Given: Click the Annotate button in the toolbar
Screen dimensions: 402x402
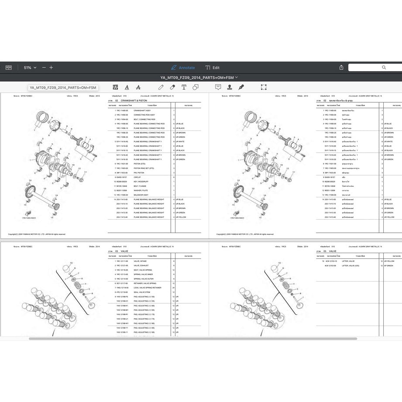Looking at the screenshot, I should (x=183, y=68).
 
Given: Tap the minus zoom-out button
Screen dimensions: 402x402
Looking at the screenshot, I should (x=43, y=68).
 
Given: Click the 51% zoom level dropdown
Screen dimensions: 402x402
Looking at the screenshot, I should (x=30, y=68).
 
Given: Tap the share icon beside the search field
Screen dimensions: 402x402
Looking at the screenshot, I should (x=341, y=68).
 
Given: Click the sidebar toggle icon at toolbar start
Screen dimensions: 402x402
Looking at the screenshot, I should (x=8, y=68).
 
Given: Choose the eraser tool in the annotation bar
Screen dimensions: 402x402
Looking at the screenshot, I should (x=172, y=87).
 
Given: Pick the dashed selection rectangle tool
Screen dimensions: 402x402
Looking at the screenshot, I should (x=264, y=87).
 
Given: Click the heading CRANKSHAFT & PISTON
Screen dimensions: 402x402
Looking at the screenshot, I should (x=136, y=100).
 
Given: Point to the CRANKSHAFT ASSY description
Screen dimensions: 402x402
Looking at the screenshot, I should (x=142, y=110).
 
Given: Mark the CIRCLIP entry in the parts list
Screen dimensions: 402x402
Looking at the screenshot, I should (x=137, y=177).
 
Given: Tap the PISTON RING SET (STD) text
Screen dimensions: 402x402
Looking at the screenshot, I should (x=144, y=168).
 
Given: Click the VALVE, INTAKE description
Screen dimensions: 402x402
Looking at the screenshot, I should (x=140, y=261).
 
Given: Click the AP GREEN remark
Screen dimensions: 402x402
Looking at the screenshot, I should (x=388, y=265).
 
